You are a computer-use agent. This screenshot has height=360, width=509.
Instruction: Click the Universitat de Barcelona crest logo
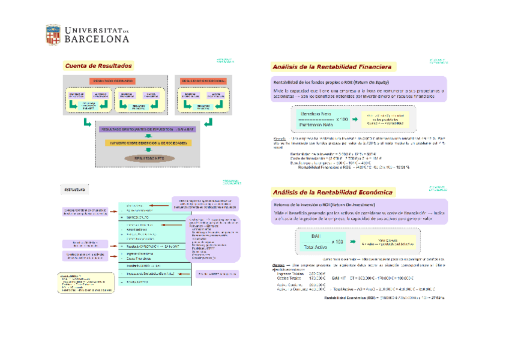[x=53, y=34]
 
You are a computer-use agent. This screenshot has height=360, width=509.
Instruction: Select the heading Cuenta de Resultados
[x=98, y=65]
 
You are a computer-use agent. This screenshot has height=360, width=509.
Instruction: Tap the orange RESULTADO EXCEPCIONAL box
[x=203, y=81]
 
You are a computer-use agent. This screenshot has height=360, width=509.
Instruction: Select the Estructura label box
[x=76, y=190]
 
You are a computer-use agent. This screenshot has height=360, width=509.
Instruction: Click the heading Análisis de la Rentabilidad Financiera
[x=332, y=67]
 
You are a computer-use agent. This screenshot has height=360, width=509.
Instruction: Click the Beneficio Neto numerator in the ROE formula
[x=316, y=114]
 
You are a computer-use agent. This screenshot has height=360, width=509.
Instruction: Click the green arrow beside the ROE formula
[x=355, y=119]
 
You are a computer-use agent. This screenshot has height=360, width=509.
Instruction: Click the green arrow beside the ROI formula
[x=352, y=242]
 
